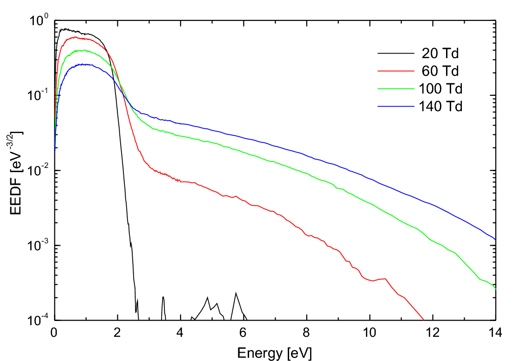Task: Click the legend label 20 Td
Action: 440,53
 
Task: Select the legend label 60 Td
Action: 440,71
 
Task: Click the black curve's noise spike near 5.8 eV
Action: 236,294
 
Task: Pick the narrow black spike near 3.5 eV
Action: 163,298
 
